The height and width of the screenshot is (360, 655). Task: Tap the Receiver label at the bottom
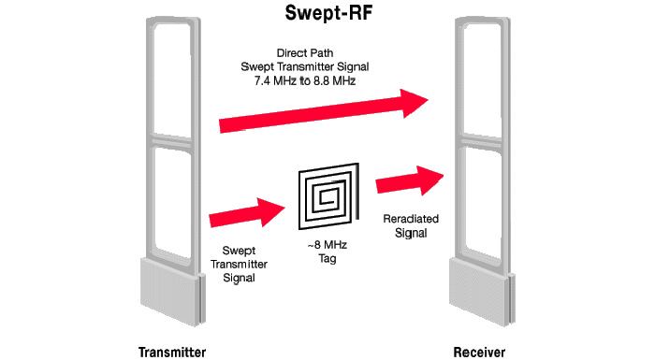pyautogui.click(x=480, y=351)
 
